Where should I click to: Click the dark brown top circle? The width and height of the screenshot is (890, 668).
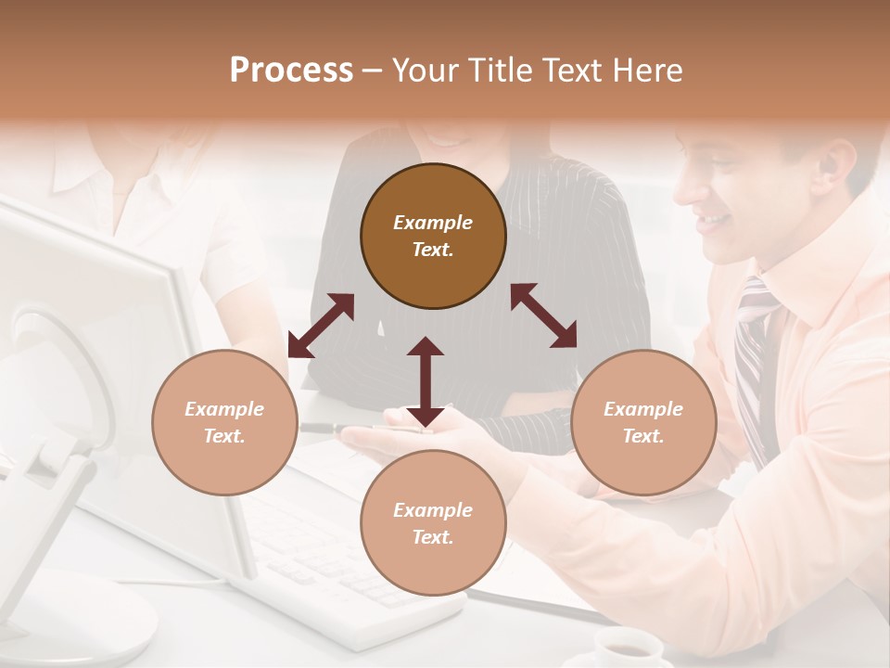point(433,236)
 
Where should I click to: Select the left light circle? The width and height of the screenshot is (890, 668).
point(224,422)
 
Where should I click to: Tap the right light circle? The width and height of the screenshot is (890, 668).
point(643,422)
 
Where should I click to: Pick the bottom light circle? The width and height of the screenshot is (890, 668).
point(433,523)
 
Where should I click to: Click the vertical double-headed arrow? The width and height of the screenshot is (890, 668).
point(426,381)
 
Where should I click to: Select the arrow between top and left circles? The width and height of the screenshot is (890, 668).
point(321,326)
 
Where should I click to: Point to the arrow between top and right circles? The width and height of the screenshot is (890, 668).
point(544,315)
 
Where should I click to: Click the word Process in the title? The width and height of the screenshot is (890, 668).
point(291,70)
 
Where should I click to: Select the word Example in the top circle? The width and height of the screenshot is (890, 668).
point(433,223)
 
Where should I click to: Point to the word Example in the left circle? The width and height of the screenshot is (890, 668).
point(224,409)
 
